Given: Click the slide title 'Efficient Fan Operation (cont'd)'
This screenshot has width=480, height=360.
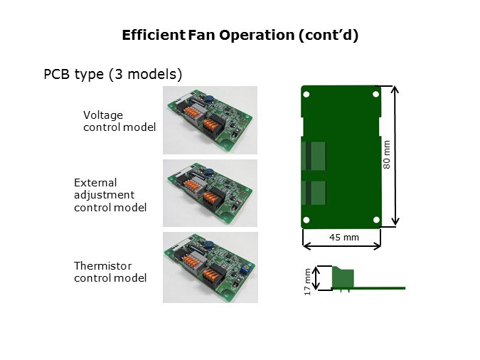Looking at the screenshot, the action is point(240,36).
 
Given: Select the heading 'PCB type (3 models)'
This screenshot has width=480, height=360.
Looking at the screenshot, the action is point(113,75).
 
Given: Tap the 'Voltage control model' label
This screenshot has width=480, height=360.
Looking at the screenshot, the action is point(119,121).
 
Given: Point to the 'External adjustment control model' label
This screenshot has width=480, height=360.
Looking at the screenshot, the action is point(110,195).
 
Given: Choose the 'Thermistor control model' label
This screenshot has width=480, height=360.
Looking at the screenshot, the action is point(110,272).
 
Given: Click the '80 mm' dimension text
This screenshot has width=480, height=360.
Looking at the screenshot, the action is point(387,154).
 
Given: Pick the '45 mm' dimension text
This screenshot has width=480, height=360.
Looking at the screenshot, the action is point(344,237).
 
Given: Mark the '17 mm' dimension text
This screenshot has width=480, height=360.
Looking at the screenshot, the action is point(307,282).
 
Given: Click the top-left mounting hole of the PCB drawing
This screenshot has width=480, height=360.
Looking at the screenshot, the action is point(306,94).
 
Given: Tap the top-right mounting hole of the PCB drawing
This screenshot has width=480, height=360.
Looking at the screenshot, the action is point(376,94).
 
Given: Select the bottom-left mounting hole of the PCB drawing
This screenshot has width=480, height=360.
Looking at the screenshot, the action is point(306,220).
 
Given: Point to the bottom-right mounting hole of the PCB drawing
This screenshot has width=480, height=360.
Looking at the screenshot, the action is point(376,220).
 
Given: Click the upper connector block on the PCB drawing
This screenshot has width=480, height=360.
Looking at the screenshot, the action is point(314,156).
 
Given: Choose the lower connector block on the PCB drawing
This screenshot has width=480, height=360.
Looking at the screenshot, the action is point(314,193).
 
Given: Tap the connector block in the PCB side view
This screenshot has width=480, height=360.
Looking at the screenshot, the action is point(343,277).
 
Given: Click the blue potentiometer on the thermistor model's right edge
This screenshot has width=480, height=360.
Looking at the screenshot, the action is point(244,268).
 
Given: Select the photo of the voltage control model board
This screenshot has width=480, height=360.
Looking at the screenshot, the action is point(210,120).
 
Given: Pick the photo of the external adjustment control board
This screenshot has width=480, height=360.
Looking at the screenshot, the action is point(210,193).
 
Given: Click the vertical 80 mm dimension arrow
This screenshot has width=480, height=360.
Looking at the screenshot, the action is point(395,156).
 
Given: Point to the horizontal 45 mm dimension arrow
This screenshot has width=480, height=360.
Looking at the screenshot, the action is point(341,245).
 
